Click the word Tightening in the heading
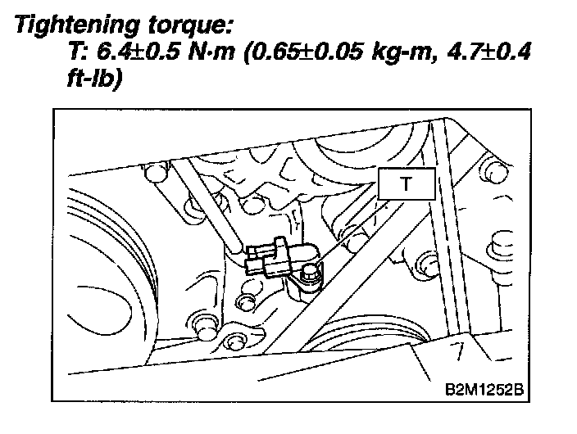pyautogui.click(x=77, y=25)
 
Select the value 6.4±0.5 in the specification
pyautogui.click(x=139, y=51)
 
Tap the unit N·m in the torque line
pyautogui.click(x=211, y=52)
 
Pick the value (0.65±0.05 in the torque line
pyautogui.click(x=303, y=52)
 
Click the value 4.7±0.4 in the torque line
pyautogui.click(x=489, y=51)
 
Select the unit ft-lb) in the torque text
pyautogui.click(x=94, y=78)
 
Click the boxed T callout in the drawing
pyautogui.click(x=407, y=183)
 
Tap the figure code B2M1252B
pyautogui.click(x=484, y=389)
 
